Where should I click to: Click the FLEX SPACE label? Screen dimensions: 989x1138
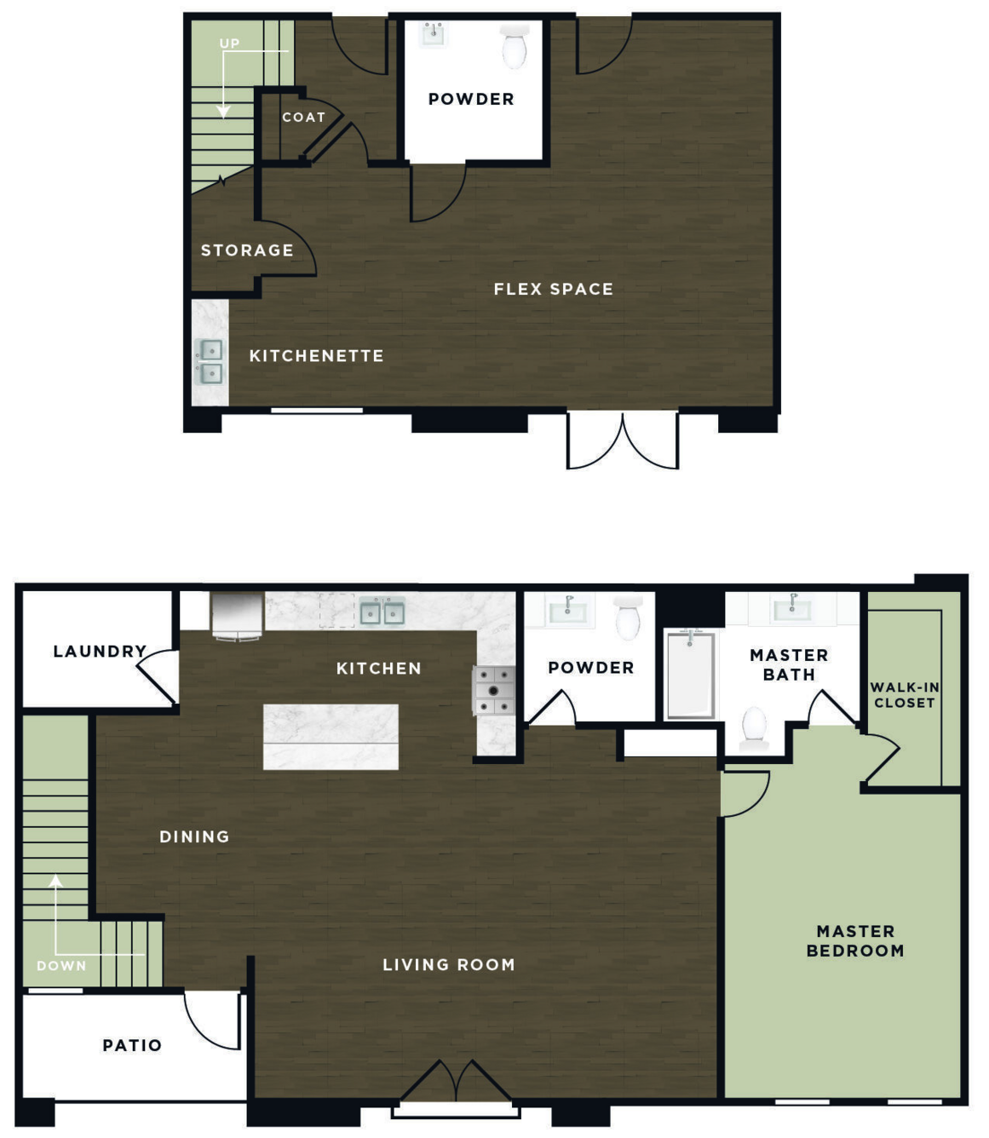[x=554, y=290]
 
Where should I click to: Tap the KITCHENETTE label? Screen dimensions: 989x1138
[x=317, y=356]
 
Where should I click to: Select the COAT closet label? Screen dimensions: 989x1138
[x=304, y=118]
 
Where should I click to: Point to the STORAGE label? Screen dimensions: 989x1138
[x=247, y=250]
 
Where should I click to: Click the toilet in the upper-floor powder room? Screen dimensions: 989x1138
[x=515, y=47]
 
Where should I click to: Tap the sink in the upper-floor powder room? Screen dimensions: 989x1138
[x=434, y=34]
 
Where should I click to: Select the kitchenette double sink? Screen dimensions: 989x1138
[x=210, y=362]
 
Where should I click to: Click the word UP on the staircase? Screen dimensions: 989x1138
[x=230, y=43]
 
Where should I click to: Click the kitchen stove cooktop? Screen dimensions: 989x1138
[x=494, y=690]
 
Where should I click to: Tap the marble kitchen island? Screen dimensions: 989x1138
[x=331, y=737]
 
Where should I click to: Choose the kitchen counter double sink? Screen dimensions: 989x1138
[x=382, y=612]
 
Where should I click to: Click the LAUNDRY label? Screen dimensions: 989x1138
[x=101, y=652]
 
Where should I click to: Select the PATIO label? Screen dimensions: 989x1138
[x=132, y=1046]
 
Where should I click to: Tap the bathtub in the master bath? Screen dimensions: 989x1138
[x=690, y=675]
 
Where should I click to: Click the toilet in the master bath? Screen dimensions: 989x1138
[x=755, y=727]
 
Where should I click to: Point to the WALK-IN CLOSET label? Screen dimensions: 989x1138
[x=905, y=695]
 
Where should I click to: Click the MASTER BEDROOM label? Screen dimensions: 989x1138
[x=855, y=941]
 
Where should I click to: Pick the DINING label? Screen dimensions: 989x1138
[x=195, y=836]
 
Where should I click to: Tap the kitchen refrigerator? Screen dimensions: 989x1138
[x=238, y=617]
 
